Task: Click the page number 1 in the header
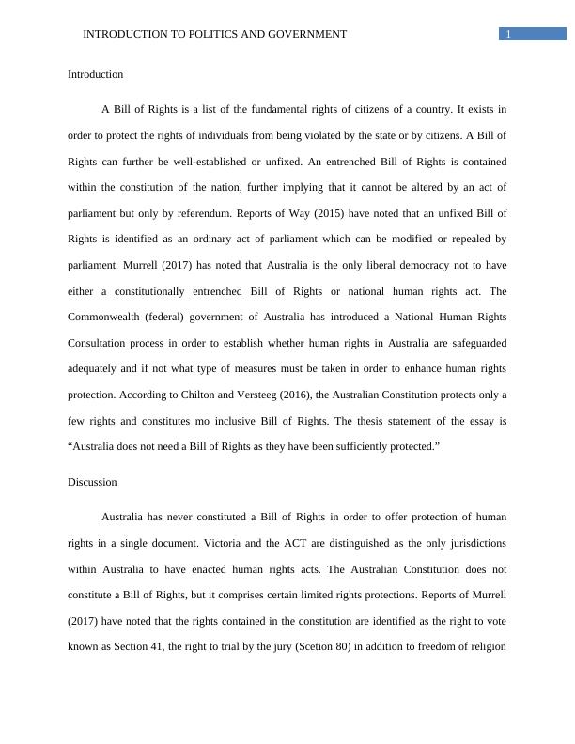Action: pyautogui.click(x=508, y=35)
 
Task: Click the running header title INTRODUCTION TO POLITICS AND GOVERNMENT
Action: pyautogui.click(x=214, y=34)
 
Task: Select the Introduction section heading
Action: pyautogui.click(x=95, y=74)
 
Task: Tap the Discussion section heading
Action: pyautogui.click(x=92, y=482)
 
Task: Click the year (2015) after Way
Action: pyautogui.click(x=328, y=214)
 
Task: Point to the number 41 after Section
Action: pyautogui.click(x=175, y=646)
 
